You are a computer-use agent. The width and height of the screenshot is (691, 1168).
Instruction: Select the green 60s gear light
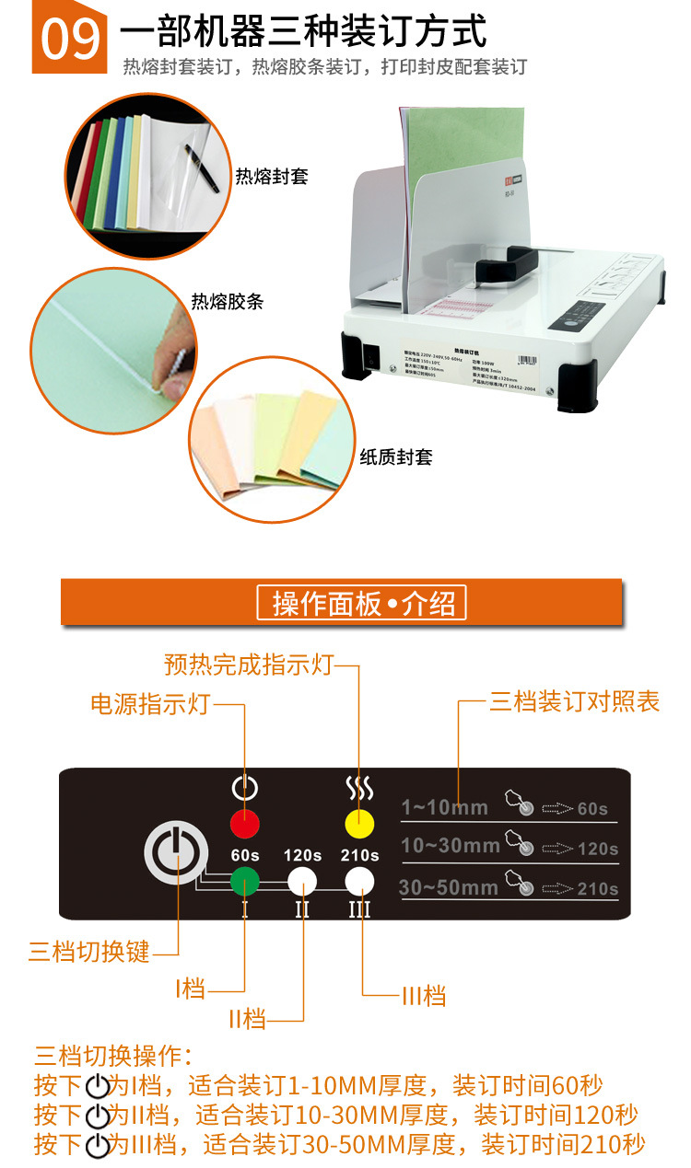click(x=245, y=881)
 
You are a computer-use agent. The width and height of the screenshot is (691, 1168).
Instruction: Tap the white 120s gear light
click(x=302, y=881)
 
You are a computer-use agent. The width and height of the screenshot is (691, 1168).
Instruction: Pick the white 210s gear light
click(x=360, y=881)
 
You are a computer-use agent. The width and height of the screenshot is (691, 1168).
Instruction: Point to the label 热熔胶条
click(x=227, y=302)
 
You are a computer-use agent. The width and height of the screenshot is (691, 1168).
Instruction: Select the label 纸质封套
click(x=395, y=457)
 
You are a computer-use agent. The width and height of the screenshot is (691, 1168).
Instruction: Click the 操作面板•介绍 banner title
click(x=362, y=604)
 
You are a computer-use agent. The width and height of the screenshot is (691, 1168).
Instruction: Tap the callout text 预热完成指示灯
click(x=248, y=664)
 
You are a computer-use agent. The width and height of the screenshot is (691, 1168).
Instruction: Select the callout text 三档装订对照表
click(x=574, y=702)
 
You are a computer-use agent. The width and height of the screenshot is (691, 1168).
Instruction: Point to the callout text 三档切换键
click(x=88, y=951)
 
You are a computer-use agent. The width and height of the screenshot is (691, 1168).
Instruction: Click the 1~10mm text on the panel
click(x=444, y=807)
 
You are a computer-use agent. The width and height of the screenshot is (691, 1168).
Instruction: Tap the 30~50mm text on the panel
click(x=448, y=887)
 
